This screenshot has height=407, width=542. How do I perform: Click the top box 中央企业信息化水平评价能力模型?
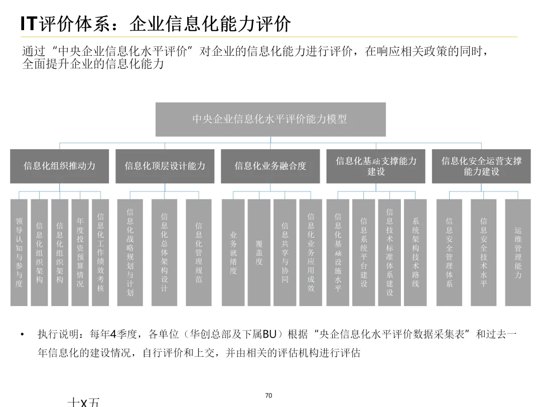[x=270, y=119]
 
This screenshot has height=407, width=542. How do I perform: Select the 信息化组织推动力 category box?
[x=59, y=166]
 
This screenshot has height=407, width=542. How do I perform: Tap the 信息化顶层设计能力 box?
[x=165, y=166]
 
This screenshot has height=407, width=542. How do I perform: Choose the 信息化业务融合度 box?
[x=270, y=166]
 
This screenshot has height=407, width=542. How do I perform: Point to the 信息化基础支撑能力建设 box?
[x=376, y=166]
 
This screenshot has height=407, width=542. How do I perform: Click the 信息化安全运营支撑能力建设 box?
[x=481, y=166]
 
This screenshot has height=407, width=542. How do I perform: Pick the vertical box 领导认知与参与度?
[x=19, y=252]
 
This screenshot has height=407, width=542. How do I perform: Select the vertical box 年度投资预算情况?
[x=80, y=252]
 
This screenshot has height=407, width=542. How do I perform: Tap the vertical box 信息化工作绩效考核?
[x=100, y=252]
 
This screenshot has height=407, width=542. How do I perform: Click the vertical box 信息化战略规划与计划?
[x=130, y=252]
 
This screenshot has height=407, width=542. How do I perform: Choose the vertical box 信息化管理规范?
[x=199, y=252]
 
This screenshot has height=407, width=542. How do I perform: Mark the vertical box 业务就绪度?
[x=233, y=252]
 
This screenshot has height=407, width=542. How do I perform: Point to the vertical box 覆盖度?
[x=259, y=252]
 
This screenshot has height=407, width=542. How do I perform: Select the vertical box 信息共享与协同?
[x=285, y=252]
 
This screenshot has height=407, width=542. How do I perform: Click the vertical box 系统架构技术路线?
[x=415, y=252]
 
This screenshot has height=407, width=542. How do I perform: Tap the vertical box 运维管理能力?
[x=518, y=252]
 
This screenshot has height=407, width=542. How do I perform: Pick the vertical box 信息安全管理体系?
[x=449, y=252]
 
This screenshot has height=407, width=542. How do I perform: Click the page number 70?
[x=268, y=396]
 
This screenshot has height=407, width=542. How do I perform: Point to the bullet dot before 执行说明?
[x=22, y=335]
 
